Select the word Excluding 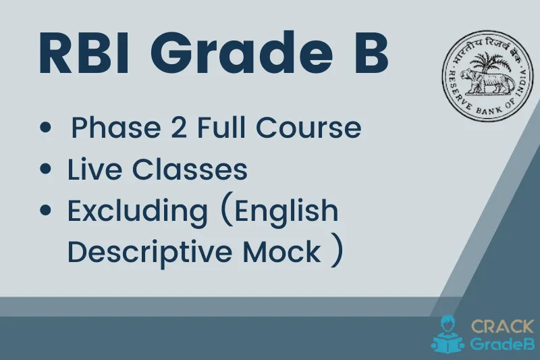tap(137, 212)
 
